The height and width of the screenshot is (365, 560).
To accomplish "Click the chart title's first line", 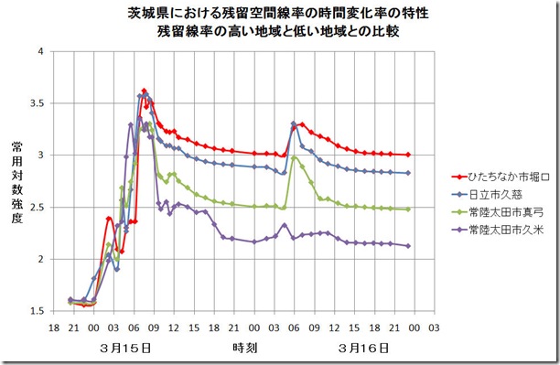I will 279,16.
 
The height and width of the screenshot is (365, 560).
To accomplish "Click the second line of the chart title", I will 279,32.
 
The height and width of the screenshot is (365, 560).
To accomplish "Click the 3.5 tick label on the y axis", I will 38,103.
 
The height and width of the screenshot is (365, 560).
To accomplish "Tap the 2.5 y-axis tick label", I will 38,208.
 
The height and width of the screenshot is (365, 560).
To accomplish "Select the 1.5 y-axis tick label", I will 38,312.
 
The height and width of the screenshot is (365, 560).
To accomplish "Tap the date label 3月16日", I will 363,349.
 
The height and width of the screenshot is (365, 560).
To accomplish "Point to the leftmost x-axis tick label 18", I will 53,327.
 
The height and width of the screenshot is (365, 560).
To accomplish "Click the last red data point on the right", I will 408,155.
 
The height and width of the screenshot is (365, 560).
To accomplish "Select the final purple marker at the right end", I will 408,245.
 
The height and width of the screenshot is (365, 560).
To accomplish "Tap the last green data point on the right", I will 408,209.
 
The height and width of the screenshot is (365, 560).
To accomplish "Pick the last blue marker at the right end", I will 408,173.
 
